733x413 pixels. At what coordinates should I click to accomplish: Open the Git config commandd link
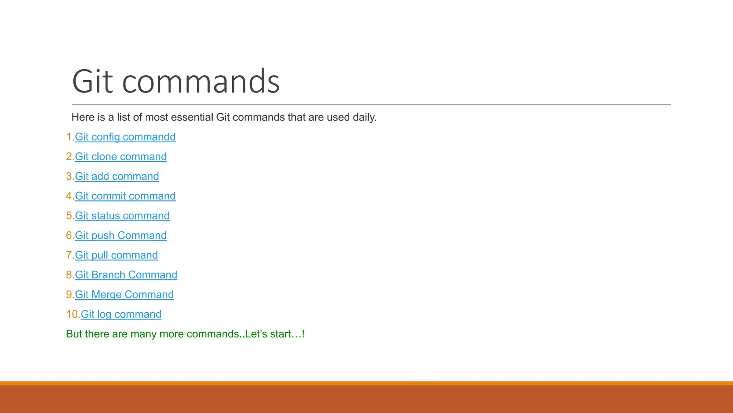[125, 137]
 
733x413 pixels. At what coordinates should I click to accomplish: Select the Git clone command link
[121, 157]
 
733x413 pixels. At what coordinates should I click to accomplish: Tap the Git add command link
[117, 176]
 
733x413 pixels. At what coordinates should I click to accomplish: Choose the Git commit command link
[125, 196]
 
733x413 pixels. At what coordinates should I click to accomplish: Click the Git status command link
[122, 216]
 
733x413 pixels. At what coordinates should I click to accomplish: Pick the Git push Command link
[121, 236]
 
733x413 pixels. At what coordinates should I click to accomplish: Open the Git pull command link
[116, 255]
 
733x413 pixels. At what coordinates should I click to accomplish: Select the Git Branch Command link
[126, 275]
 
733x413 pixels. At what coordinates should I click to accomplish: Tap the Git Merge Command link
[124, 295]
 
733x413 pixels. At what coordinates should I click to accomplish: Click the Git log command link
[121, 314]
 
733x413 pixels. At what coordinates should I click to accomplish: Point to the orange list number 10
[73, 314]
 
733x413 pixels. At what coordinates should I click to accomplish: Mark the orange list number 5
[69, 216]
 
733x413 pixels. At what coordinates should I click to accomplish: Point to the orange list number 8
[69, 275]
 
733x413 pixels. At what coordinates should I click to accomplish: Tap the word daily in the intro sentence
[364, 118]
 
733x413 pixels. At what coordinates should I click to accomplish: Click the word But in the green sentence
[74, 334]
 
